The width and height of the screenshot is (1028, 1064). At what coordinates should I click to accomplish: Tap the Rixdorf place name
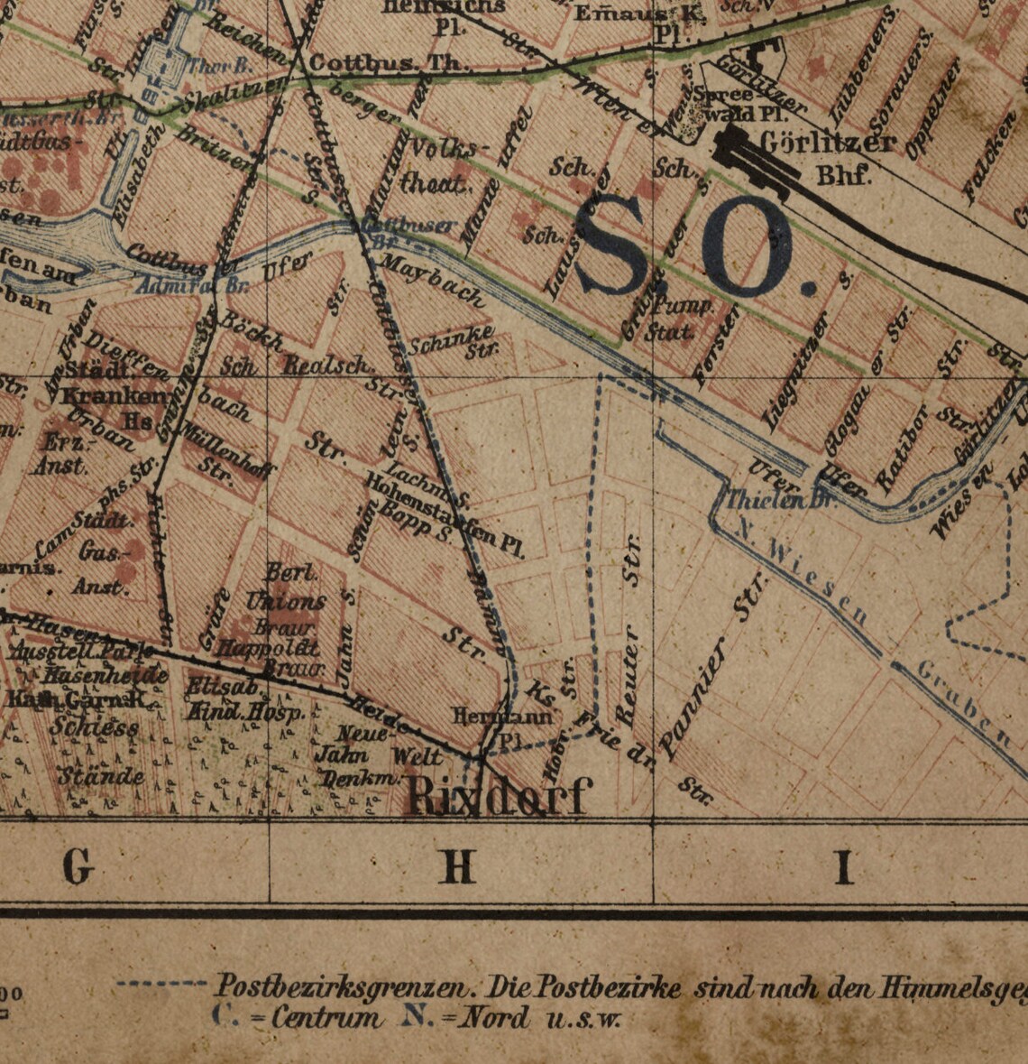(x=499, y=797)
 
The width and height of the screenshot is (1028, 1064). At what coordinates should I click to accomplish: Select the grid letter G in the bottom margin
(x=78, y=867)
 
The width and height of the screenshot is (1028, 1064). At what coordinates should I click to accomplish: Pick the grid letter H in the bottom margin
(x=458, y=867)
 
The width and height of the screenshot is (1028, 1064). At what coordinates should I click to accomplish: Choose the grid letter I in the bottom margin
(x=843, y=867)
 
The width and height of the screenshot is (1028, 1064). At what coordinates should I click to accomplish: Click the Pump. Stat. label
(x=682, y=318)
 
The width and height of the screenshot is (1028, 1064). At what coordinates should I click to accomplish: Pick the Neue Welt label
(x=388, y=744)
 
